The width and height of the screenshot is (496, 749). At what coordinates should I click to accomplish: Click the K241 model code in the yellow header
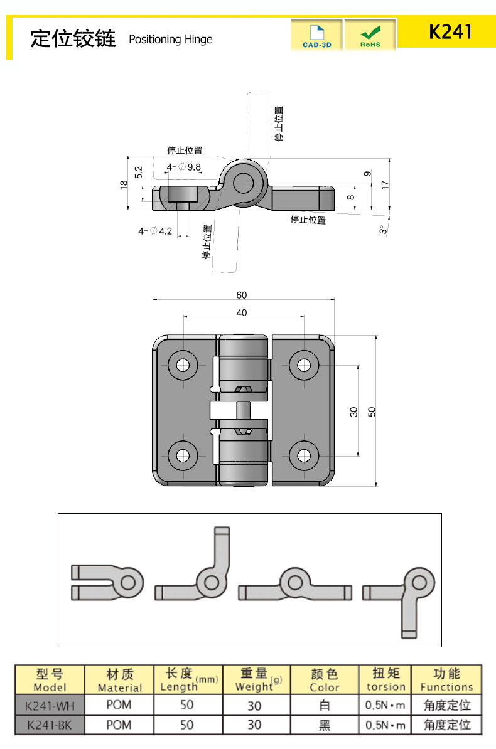(x=450, y=32)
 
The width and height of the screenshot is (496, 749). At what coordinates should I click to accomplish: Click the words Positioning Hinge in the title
(x=170, y=40)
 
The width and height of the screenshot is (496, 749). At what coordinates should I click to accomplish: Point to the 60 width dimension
(x=242, y=295)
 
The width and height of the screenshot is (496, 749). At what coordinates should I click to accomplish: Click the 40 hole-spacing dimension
(x=242, y=312)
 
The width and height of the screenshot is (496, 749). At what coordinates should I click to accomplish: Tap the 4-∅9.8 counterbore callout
(x=183, y=167)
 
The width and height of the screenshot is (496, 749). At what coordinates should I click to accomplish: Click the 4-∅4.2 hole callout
(x=155, y=231)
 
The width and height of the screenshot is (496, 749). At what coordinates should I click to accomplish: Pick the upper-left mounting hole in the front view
(x=183, y=365)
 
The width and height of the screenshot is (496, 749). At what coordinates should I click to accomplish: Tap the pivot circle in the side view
(x=243, y=183)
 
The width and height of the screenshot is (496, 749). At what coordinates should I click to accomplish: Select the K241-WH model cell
(x=50, y=706)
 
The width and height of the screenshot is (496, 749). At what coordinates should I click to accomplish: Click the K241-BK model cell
(x=50, y=725)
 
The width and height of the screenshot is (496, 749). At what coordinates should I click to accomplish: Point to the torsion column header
(x=385, y=680)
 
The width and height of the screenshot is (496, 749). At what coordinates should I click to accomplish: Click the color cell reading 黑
(x=324, y=725)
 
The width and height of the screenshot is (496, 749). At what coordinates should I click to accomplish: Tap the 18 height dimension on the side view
(x=124, y=184)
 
